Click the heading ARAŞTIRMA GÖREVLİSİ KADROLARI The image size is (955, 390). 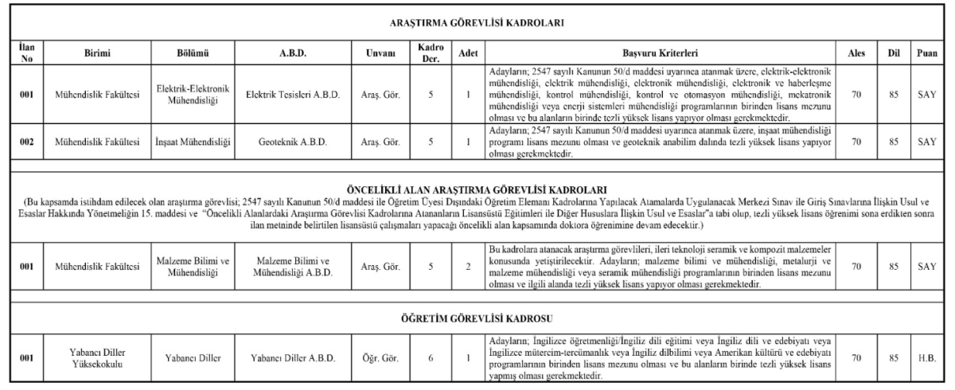click(477, 24)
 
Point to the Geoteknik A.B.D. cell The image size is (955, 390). click(293, 142)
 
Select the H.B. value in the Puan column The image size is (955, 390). click(926, 357)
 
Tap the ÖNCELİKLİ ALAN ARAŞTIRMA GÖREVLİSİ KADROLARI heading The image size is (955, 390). click(477, 189)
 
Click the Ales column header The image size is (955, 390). click(856, 53)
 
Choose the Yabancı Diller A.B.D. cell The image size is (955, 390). click(293, 357)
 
